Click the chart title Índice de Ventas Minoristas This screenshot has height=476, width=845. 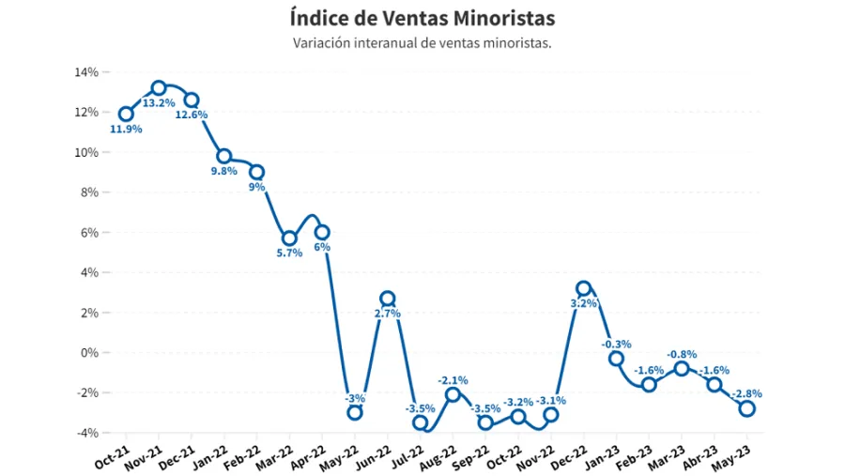click(422, 18)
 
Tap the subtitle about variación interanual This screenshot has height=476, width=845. click(422, 43)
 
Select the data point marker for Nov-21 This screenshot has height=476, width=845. click(159, 88)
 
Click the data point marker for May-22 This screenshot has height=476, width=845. click(355, 412)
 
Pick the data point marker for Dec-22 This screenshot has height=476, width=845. click(584, 289)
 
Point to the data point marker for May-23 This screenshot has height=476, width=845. click(747, 408)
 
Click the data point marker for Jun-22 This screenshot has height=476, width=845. click(387, 299)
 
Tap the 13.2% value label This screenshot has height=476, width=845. click(159, 103)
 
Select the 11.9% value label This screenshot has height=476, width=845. click(126, 130)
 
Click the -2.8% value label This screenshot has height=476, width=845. click(747, 393)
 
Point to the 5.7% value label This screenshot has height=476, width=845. click(289, 253)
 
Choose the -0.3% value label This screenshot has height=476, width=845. click(617, 344)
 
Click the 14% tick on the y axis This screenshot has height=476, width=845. click(86, 72)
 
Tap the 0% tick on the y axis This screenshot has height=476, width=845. click(89, 353)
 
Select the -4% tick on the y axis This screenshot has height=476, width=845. click(86, 433)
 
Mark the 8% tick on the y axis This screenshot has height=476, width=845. click(89, 192)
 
